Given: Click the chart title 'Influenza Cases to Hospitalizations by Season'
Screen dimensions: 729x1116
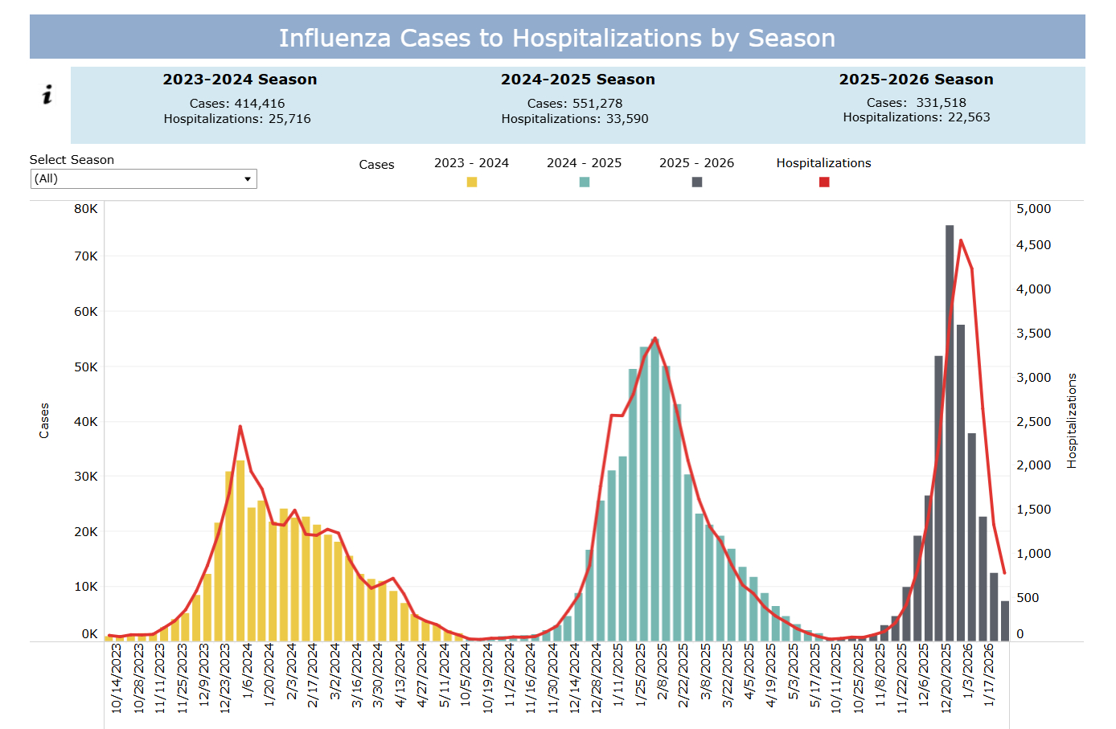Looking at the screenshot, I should [557, 38].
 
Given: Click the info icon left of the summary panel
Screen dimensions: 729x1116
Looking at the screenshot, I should [47, 95].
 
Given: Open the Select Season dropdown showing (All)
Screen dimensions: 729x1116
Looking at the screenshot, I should [143, 178].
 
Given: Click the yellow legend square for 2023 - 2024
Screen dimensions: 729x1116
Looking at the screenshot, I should [472, 182].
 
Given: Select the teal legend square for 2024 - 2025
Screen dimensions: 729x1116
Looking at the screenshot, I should [585, 182].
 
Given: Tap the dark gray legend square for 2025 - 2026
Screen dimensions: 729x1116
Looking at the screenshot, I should [697, 182].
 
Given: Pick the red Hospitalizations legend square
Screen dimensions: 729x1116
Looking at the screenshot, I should [824, 182].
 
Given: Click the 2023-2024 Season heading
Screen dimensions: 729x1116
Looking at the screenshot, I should [240, 80].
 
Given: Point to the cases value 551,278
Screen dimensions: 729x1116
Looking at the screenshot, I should [597, 103].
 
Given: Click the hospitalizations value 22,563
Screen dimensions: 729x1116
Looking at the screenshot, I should [969, 117].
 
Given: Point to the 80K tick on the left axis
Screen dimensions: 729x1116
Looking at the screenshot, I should [86, 209].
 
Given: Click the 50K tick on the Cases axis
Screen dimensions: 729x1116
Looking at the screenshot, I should [86, 367].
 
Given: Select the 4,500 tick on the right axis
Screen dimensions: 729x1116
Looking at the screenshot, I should [1033, 245].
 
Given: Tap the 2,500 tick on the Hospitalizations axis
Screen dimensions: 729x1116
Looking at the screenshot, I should [1033, 421].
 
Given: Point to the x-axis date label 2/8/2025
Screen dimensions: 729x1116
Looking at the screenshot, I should [662, 675].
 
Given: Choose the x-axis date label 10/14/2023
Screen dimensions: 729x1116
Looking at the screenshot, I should [117, 678].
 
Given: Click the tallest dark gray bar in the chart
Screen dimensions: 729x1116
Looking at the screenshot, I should [950, 434].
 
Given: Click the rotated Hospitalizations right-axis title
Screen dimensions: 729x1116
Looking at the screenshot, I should [1072, 420].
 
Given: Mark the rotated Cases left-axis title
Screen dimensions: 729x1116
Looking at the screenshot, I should [44, 420].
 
